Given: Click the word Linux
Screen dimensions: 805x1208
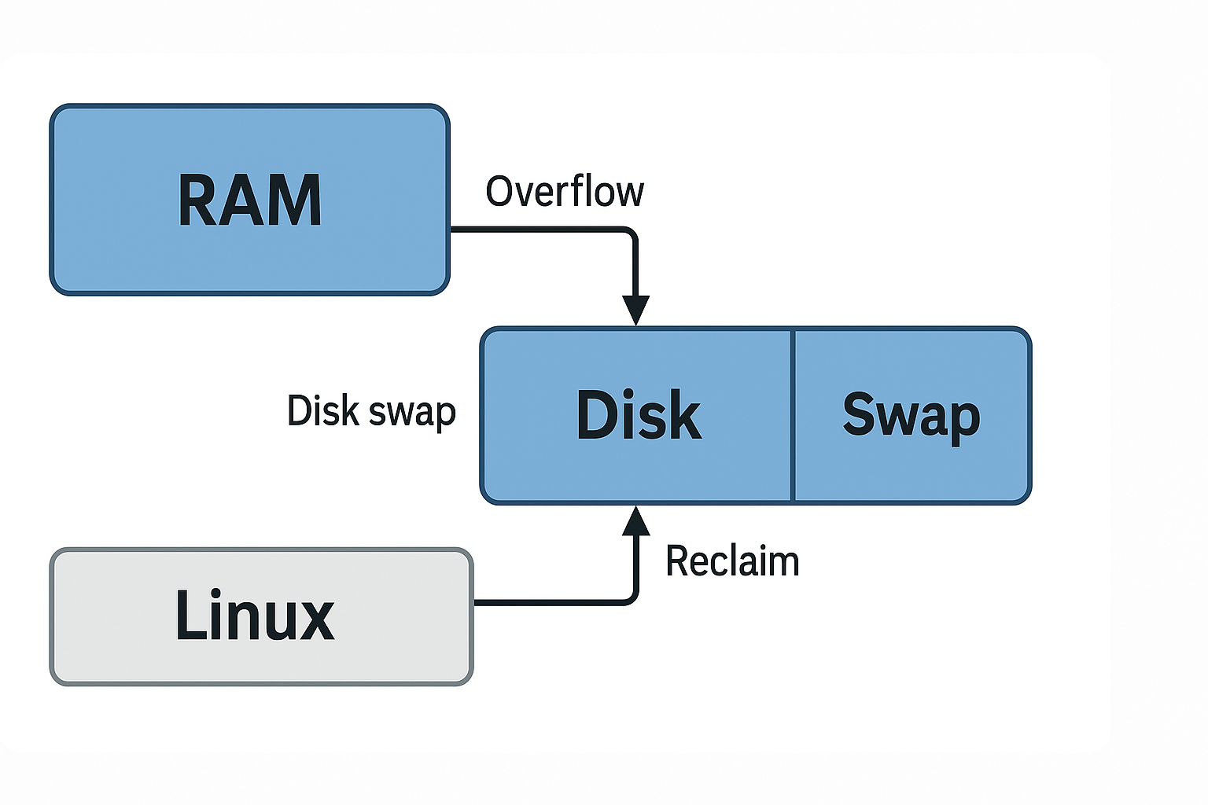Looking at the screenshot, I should (255, 615).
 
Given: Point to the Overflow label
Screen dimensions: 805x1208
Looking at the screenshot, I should (565, 192).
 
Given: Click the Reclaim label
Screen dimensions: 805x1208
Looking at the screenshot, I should (732, 561).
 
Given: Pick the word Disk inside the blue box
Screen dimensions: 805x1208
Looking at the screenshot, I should (639, 415).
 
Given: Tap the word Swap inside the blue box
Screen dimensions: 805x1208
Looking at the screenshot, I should (911, 415).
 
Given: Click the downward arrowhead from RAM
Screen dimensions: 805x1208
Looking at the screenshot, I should (635, 310).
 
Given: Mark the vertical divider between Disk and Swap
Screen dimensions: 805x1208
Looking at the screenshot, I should (793, 415).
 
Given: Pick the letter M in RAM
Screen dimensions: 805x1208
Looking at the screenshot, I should (297, 201).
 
